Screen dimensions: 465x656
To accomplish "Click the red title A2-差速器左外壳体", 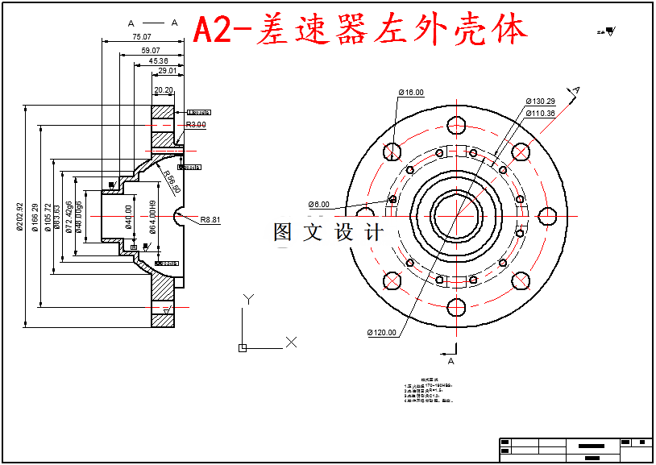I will (x=361, y=31).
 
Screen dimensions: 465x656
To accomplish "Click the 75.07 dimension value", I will (x=141, y=37).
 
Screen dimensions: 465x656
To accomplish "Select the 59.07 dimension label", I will (x=150, y=50).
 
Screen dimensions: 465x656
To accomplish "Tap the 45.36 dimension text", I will (x=158, y=61).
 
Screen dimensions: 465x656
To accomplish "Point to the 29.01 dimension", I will (x=168, y=71).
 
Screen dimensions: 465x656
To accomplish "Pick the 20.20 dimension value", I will (x=164, y=90).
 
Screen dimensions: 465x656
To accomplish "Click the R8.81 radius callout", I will (x=210, y=219).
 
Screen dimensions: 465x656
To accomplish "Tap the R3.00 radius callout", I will (x=196, y=125).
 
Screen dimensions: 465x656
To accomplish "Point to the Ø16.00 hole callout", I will (x=410, y=93).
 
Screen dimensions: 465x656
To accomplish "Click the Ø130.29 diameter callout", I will (x=540, y=102).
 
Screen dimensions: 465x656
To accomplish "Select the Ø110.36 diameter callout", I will (x=540, y=113).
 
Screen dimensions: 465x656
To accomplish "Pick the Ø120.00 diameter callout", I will (x=382, y=332).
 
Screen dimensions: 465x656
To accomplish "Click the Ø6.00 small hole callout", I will (x=319, y=204).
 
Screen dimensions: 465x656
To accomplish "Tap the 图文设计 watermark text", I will (x=329, y=233).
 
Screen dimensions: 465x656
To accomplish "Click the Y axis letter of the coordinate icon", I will (x=249, y=299).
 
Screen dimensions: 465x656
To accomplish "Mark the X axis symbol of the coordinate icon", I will (x=292, y=342).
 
